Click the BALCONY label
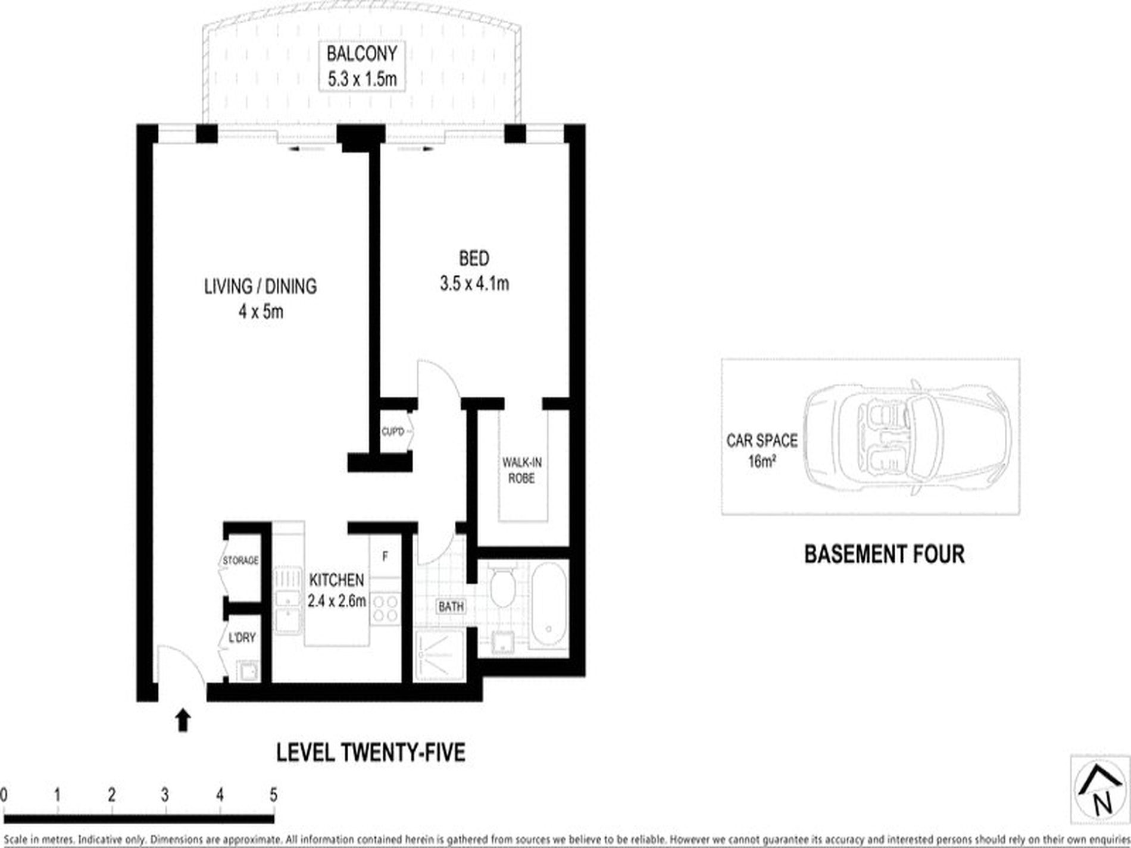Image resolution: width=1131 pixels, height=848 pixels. pyautogui.click(x=361, y=54)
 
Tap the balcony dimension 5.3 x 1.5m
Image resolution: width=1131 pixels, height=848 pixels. pyautogui.click(x=362, y=79)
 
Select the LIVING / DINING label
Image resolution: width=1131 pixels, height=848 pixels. pyautogui.click(x=260, y=286)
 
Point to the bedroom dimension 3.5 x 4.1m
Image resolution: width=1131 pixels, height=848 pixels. pyautogui.click(x=474, y=284)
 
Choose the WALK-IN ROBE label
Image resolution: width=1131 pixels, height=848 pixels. pyautogui.click(x=521, y=470)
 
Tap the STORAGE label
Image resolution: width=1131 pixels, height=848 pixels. pyautogui.click(x=240, y=561)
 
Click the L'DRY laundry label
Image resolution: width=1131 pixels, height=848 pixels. pyautogui.click(x=242, y=638)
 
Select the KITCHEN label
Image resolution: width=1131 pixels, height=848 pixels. pyautogui.click(x=336, y=580)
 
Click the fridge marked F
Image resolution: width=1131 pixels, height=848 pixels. pyautogui.click(x=385, y=557)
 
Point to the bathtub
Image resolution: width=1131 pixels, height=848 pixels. pyautogui.click(x=548, y=606)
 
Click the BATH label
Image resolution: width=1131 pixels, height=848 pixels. pyautogui.click(x=451, y=607)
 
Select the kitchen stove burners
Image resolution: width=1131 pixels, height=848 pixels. pyautogui.click(x=385, y=608)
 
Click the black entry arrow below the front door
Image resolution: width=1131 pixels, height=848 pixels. pyautogui.click(x=183, y=719)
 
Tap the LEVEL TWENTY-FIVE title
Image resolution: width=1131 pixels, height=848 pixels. pyautogui.click(x=371, y=753)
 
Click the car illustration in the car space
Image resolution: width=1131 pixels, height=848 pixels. pyautogui.click(x=907, y=437)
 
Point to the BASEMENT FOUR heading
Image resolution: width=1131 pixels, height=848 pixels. pyautogui.click(x=884, y=554)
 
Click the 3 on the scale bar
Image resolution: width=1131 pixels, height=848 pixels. pyautogui.click(x=165, y=795)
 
